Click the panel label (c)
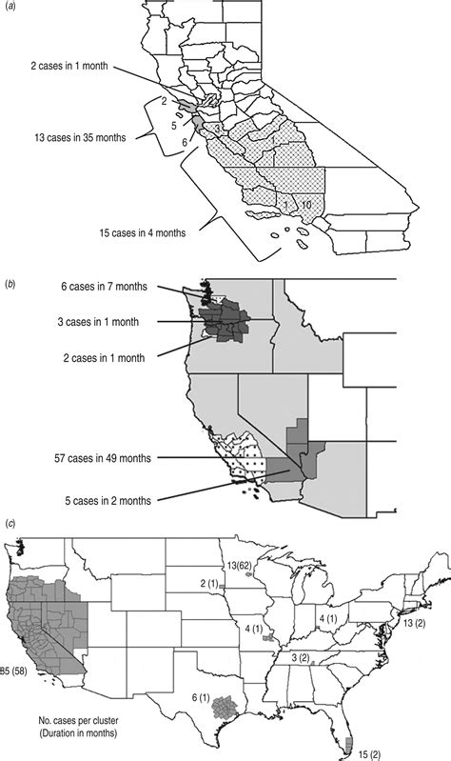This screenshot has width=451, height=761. click(x=12, y=523)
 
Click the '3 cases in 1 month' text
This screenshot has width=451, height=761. click(x=102, y=324)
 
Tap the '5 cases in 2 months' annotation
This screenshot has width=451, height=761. click(x=102, y=498)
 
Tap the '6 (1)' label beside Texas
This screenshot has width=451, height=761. click(x=201, y=698)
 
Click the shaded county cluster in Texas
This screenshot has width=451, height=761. click(x=226, y=706)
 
